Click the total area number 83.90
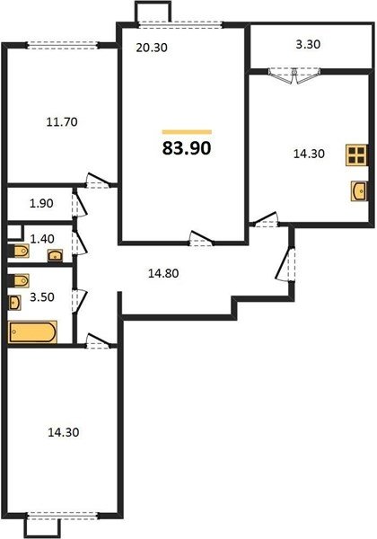(x=187, y=148)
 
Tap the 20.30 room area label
(x=152, y=48)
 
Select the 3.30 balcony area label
(x=308, y=44)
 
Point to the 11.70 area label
(x=62, y=121)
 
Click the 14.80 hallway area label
(x=163, y=273)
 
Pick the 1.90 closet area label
(x=41, y=203)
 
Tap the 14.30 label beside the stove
(x=309, y=154)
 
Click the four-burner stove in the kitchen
(x=356, y=155)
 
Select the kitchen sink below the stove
(x=359, y=190)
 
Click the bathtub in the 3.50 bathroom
(x=32, y=331)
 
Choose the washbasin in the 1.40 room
(x=55, y=255)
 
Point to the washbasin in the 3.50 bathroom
(x=14, y=303)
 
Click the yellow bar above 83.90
(x=187, y=132)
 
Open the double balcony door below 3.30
(x=294, y=76)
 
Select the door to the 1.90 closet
(x=79, y=204)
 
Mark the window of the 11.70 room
(x=63, y=46)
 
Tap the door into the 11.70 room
(x=98, y=181)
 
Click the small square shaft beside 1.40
(x=15, y=233)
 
